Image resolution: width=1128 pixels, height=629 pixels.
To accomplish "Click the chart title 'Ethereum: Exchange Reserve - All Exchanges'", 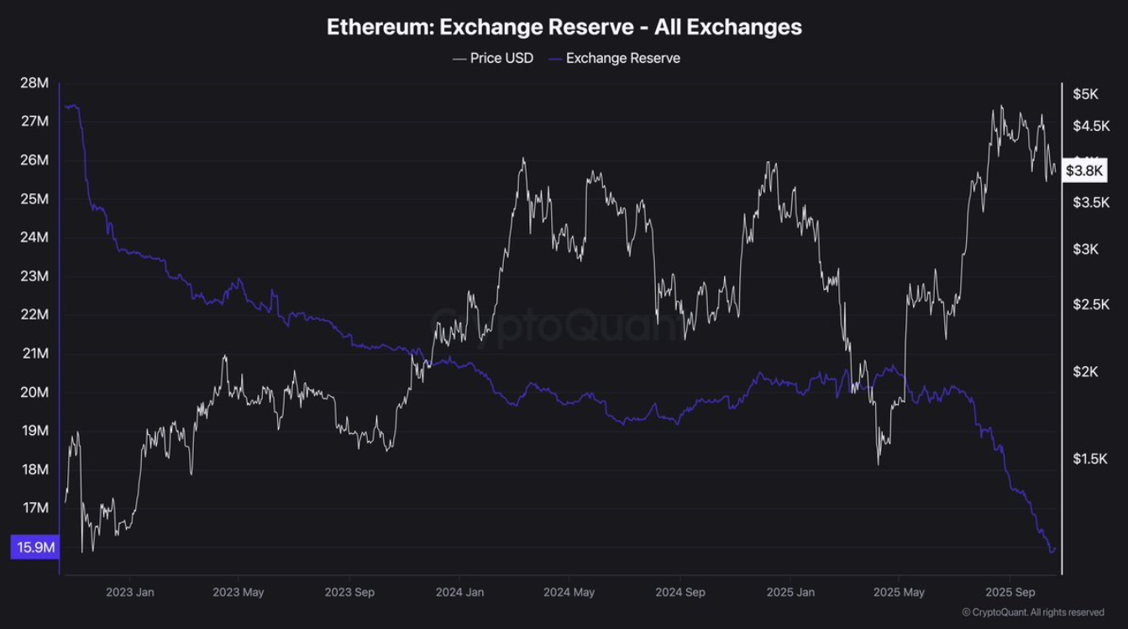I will tap(564, 27).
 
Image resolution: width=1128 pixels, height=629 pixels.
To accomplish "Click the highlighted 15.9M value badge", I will tap(34, 548).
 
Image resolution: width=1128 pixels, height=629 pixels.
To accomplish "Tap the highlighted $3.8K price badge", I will tap(1085, 170).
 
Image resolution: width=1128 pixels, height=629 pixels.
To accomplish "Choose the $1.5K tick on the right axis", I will tap(1089, 459).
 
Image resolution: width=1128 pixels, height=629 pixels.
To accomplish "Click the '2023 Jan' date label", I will tap(130, 592).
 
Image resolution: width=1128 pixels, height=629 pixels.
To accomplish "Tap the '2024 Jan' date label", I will tap(461, 592).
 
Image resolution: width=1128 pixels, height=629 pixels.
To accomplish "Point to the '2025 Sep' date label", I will tap(1010, 592).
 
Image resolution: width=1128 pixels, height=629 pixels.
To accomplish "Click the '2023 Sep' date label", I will tap(350, 592).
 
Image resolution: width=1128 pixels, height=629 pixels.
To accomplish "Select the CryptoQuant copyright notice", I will tap(1032, 613).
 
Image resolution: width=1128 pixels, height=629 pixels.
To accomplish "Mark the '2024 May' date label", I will tap(569, 592).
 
